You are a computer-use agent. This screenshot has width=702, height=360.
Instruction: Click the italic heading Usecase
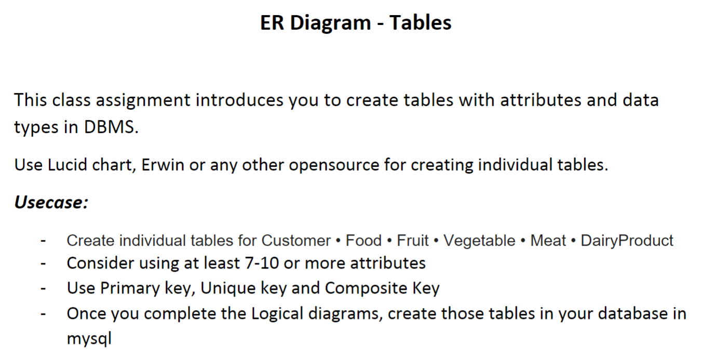click(50, 202)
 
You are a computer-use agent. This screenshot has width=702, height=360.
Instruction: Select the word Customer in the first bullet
click(296, 241)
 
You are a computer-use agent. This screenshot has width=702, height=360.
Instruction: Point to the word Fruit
click(413, 241)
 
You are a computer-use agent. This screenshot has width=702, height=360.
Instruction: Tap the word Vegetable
click(479, 241)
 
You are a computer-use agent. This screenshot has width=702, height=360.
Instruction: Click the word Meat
click(548, 241)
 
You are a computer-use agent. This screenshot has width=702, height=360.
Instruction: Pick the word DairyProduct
click(627, 241)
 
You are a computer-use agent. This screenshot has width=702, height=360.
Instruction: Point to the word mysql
click(89, 339)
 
